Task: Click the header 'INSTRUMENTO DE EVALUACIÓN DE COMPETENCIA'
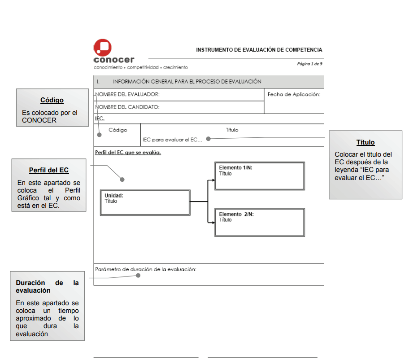(x=259, y=50)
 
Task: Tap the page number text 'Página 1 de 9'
(x=309, y=64)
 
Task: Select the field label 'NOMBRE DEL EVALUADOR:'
(x=127, y=94)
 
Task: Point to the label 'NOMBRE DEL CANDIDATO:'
(x=127, y=107)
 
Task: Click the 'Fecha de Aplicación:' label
(x=294, y=94)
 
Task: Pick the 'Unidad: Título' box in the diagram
(x=144, y=202)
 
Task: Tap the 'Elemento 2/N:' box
(x=259, y=222)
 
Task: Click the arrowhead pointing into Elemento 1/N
(x=213, y=180)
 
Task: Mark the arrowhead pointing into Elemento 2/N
(x=213, y=222)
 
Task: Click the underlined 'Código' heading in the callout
(x=52, y=100)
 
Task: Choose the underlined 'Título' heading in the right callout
(x=365, y=142)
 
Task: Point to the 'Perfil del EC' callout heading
(x=49, y=171)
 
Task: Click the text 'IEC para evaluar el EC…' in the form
(x=173, y=140)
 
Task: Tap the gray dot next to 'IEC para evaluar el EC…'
(x=208, y=139)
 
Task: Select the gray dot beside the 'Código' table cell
(x=99, y=133)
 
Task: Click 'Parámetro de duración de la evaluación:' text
(x=146, y=269)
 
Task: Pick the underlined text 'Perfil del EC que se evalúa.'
(x=128, y=152)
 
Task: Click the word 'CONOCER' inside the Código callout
(x=39, y=120)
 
